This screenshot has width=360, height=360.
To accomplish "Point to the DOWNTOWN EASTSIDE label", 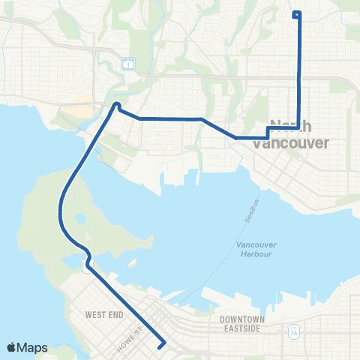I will [x=241, y=324].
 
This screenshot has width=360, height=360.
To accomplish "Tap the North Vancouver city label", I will [x=298, y=134].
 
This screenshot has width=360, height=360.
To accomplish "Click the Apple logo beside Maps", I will [x=12, y=347].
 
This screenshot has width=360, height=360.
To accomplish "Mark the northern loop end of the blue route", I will [x=296, y=13].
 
